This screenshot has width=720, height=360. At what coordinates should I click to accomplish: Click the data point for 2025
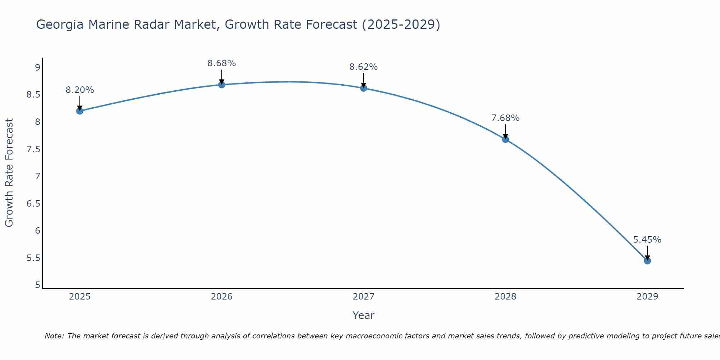click(80, 111)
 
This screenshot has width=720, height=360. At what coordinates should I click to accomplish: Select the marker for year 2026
click(222, 85)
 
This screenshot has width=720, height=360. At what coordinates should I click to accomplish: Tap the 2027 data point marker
click(364, 88)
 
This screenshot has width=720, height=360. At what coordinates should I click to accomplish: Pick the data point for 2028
click(505, 139)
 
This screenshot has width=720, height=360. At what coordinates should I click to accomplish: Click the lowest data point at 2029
click(647, 261)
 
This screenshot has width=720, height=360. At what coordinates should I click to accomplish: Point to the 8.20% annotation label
click(80, 90)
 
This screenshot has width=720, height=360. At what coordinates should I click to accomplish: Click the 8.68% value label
click(222, 63)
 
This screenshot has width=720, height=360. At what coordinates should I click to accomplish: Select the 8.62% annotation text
click(364, 67)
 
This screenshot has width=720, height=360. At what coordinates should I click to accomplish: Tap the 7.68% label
click(505, 118)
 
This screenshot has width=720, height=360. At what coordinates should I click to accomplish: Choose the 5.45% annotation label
click(647, 240)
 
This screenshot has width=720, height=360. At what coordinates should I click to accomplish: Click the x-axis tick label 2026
click(222, 297)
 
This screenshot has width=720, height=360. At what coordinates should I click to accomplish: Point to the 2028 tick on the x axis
click(505, 297)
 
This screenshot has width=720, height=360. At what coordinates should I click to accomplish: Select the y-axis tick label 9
click(37, 67)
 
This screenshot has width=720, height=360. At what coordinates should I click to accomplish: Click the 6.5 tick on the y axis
click(33, 204)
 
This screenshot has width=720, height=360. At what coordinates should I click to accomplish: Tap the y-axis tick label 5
click(37, 285)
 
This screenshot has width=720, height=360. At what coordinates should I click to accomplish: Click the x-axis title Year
click(364, 315)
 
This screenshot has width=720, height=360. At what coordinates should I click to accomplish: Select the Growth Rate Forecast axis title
click(9, 173)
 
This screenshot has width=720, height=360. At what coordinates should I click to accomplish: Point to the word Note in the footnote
click(54, 336)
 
